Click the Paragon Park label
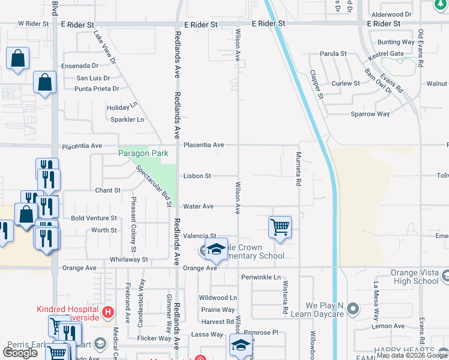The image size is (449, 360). coord(143,154)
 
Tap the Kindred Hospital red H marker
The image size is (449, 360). coord(108,312)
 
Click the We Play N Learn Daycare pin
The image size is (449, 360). coord(353,309)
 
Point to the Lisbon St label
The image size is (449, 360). coord(197,176)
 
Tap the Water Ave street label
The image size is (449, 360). coord(198,206)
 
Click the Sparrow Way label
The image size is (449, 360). coord(370,114)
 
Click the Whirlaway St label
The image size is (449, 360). coord(128,259)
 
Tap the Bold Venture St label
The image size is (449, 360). coord(94,218)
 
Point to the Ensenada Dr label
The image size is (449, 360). coord(80,65)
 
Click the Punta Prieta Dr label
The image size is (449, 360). coord(97,89)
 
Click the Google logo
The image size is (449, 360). coord(20,353)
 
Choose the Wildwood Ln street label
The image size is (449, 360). coord(218,298)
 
